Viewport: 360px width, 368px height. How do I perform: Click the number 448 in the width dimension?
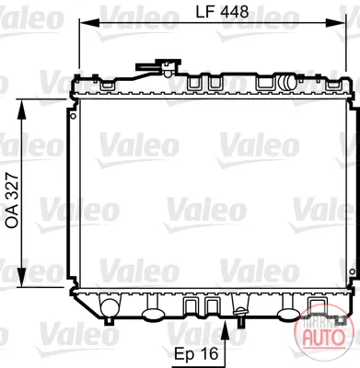tap(234, 12)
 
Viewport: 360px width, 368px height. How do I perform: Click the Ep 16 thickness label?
tap(196, 354)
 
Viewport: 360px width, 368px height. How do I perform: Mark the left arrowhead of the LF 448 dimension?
tap(89, 22)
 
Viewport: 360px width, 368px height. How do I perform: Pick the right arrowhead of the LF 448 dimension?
tap(336, 22)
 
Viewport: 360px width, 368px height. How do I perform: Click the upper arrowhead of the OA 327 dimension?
tap(22, 109)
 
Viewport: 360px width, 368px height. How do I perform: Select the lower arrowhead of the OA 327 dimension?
tap(22, 277)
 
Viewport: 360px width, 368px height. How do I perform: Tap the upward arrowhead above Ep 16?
tap(226, 330)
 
